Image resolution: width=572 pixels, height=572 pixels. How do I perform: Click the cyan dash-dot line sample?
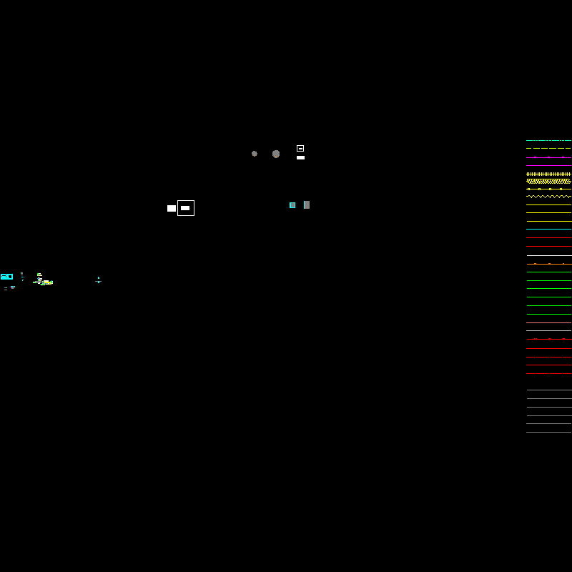tap(548, 141)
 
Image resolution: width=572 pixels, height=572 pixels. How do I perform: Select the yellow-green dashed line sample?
tap(548, 149)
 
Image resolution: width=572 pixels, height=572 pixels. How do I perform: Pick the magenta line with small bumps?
tap(548, 157)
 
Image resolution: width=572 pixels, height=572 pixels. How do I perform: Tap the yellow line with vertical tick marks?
tap(548, 174)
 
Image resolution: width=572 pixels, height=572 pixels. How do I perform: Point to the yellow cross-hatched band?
tap(548, 181)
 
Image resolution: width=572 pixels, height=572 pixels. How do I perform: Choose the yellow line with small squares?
tap(548, 189)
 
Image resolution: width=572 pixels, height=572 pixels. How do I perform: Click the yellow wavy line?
tap(548, 197)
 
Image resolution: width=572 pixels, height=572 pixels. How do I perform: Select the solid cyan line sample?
tap(548, 230)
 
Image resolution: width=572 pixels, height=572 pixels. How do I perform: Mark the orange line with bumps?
tap(548, 264)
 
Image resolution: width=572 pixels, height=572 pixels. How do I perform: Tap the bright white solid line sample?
tap(548, 255)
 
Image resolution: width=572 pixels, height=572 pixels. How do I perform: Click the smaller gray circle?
tap(255, 154)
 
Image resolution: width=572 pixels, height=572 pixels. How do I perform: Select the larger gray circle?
tap(276, 154)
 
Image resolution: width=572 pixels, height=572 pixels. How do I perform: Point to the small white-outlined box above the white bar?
tap(300, 148)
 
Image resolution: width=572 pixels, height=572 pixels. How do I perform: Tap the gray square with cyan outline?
tap(292, 205)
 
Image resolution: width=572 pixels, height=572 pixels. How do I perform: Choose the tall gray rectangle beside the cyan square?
tap(307, 204)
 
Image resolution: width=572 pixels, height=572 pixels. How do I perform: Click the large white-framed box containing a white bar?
tap(186, 208)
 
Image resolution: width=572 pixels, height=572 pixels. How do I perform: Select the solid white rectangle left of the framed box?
tap(172, 208)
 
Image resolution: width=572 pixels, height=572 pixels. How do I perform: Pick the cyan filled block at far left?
tap(6, 277)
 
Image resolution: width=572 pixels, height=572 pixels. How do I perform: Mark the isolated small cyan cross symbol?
tap(98, 280)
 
